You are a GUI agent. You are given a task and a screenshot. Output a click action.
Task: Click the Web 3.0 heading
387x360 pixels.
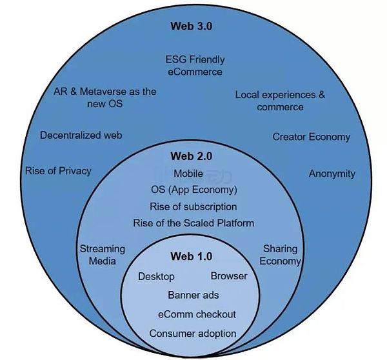tap(191, 26)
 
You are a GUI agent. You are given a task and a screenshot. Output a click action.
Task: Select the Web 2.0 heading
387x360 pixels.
tap(191, 155)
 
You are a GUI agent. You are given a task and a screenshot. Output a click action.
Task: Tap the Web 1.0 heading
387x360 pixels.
tap(191, 256)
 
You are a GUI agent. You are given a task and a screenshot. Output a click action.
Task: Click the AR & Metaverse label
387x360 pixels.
tap(105, 97)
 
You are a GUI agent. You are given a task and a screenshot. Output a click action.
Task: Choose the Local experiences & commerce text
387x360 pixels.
tap(280, 101)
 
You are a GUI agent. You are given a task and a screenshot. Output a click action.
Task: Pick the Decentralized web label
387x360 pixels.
tap(81, 135)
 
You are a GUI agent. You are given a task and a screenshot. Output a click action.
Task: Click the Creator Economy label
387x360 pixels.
tap(311, 137)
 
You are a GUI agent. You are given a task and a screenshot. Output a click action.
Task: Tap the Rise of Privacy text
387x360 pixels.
tap(58, 171)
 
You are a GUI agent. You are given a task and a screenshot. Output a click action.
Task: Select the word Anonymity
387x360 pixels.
tap(332, 174)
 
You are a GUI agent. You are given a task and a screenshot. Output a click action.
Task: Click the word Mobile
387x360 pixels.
tap(188, 174)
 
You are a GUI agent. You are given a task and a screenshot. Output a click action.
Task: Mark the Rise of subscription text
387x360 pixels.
tap(193, 206)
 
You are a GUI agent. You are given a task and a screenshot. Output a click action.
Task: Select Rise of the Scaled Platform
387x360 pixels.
tap(193, 223)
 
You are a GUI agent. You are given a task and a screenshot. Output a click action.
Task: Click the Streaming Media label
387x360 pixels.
tap(102, 255)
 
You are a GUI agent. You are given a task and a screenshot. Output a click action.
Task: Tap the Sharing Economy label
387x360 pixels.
tap(281, 255)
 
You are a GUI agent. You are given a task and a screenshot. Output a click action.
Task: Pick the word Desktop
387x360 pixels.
tap(156, 276)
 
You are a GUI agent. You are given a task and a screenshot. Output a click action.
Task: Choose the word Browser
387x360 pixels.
tap(229, 276)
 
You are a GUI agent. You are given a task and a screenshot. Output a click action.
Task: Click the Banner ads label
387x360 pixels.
tap(193, 295)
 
